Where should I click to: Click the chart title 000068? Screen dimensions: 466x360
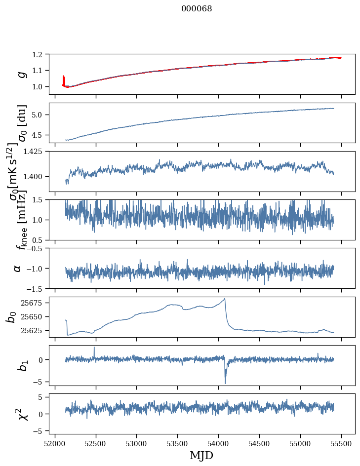click(197, 9)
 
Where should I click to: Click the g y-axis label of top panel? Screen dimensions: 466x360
click(21, 74)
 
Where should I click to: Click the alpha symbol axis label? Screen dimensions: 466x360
click(17, 268)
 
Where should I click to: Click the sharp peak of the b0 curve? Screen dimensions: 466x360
click(225, 299)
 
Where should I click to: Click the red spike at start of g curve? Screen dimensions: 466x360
click(64, 79)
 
